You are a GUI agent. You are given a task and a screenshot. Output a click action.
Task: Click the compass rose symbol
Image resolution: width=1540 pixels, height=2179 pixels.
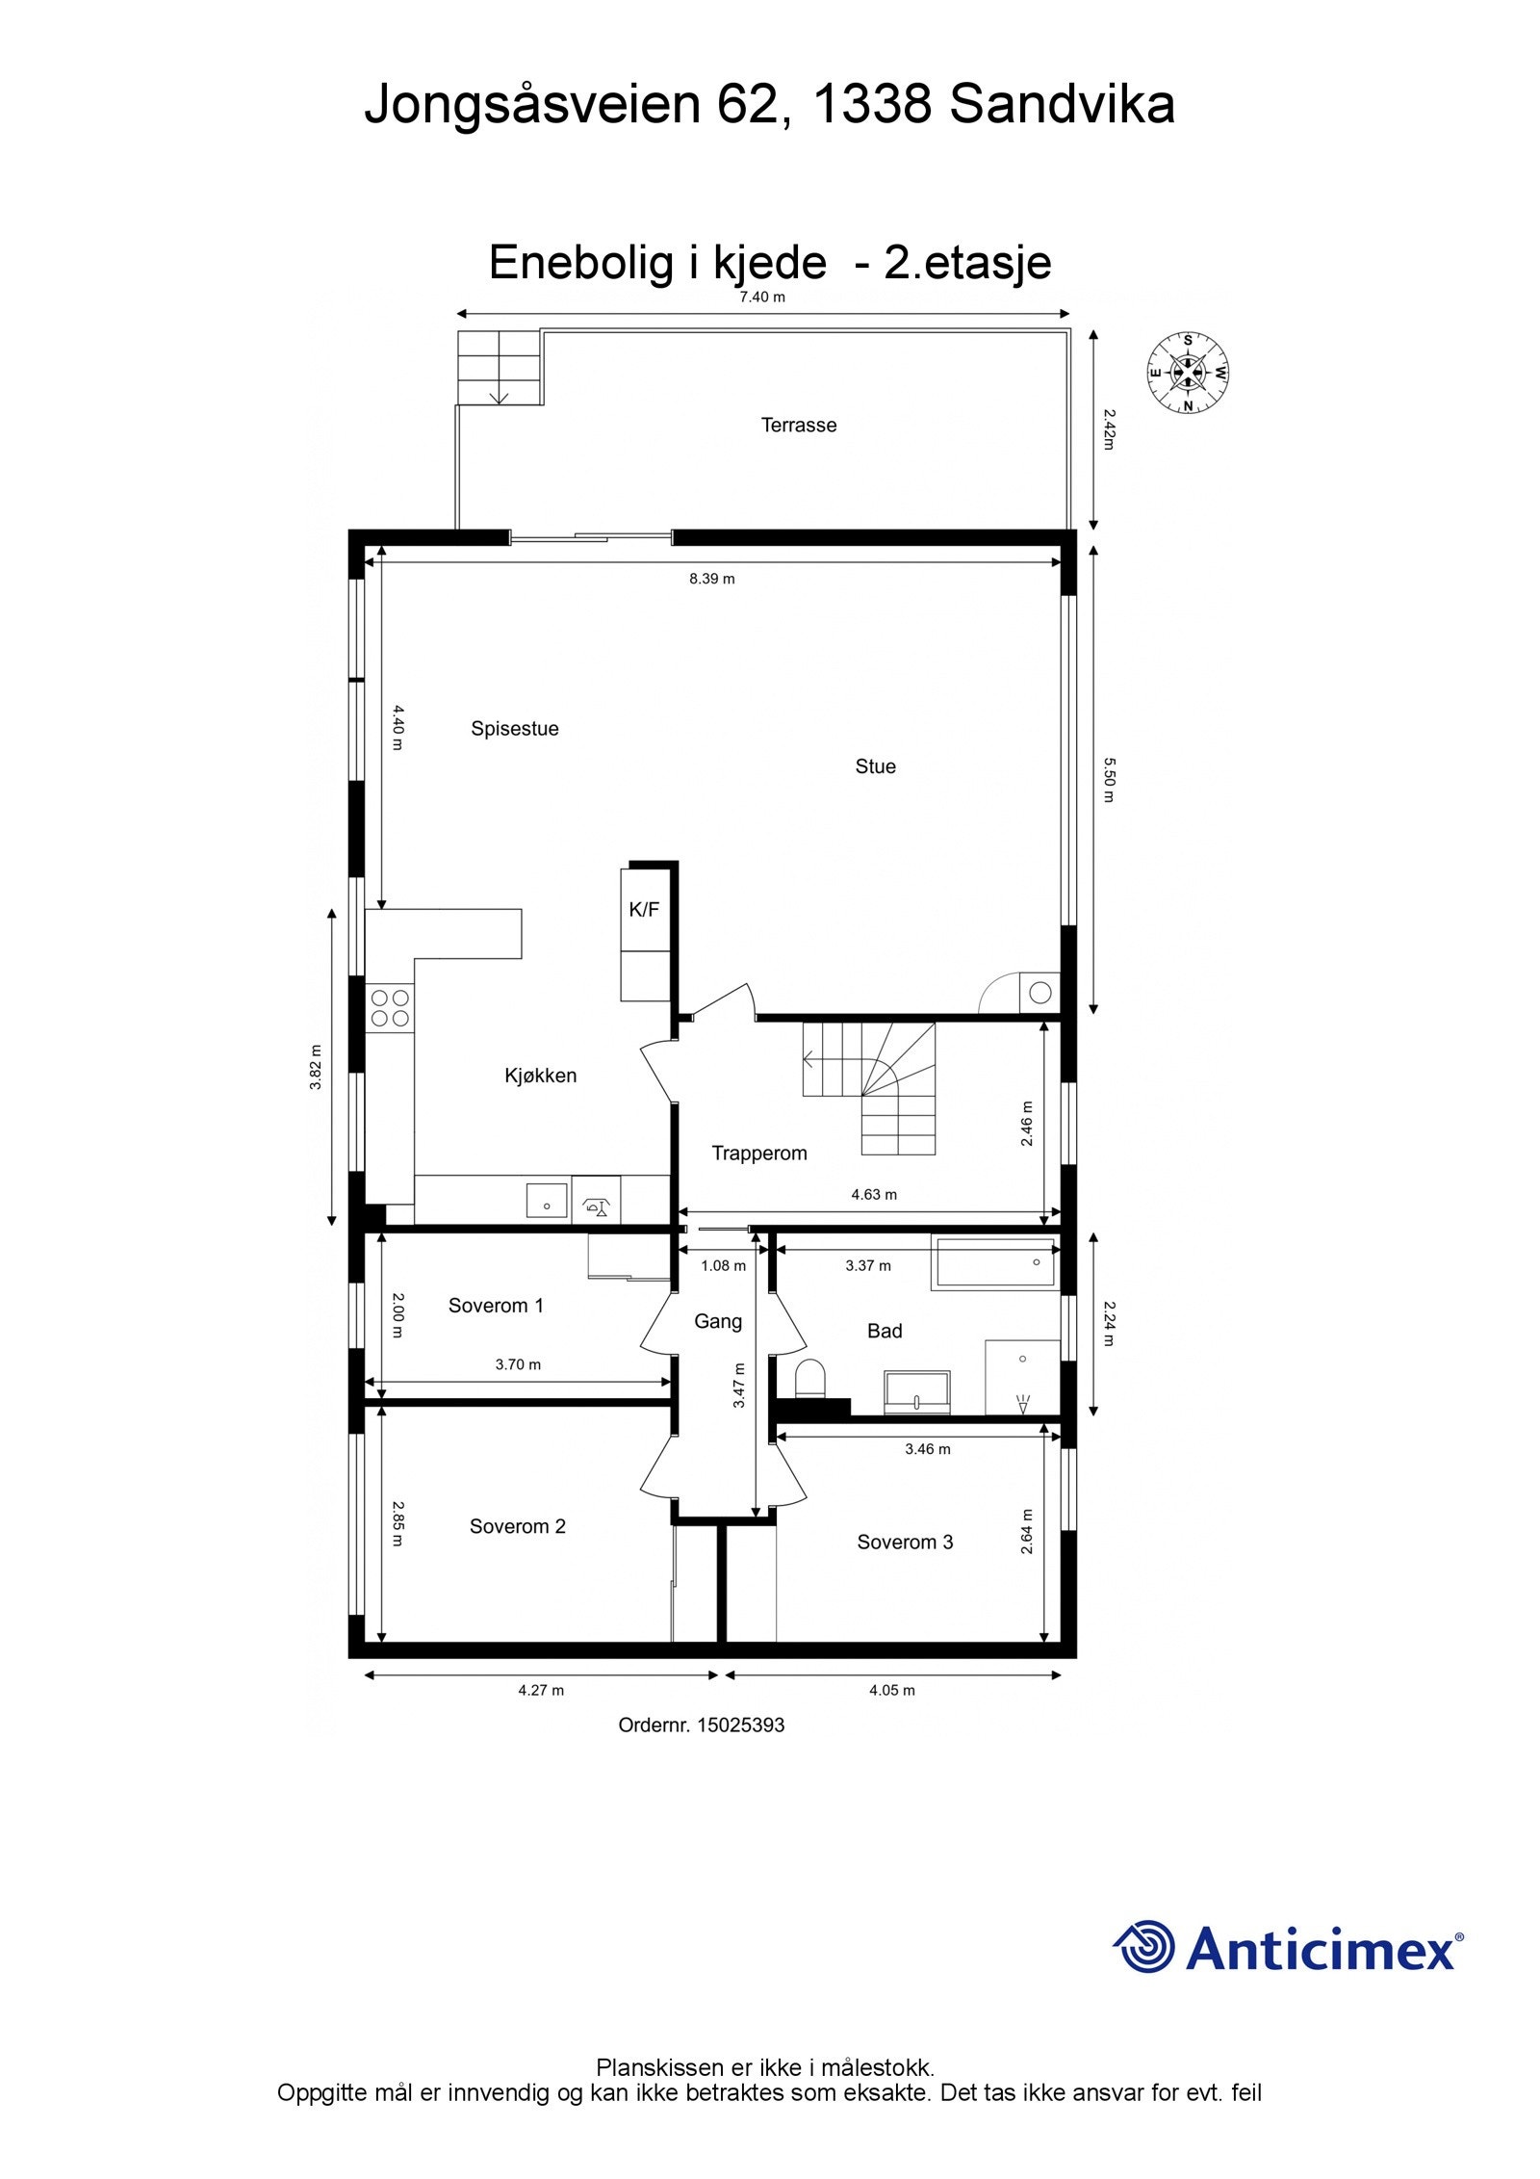pos(1188,373)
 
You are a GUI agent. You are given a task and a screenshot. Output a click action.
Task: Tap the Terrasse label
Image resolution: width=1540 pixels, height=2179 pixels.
pos(798,425)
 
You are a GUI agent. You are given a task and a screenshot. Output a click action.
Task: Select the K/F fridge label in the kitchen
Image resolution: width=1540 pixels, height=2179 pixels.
pos(644,909)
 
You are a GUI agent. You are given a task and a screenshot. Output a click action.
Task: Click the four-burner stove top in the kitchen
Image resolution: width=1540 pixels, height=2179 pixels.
pos(390,1008)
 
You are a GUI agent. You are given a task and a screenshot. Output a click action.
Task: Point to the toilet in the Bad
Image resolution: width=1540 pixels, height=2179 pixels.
pos(811,1377)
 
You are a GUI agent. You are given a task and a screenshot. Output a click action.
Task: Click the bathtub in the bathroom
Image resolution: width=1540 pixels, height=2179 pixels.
pos(995,1264)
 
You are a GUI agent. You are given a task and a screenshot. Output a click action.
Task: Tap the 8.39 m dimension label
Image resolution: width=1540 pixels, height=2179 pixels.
pos(711,579)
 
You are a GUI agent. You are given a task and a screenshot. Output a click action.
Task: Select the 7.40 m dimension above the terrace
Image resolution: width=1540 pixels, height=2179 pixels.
pos(761,298)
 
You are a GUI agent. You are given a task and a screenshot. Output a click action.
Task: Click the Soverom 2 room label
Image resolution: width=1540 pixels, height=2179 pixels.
pos(517,1526)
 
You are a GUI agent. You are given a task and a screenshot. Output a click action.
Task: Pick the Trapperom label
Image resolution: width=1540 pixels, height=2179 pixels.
pos(758,1154)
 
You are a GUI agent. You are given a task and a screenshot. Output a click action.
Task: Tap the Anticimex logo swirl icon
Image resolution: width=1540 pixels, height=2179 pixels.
pos(1144,1946)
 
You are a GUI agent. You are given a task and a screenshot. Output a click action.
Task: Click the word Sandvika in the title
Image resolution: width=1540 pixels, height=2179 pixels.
pos(1062,104)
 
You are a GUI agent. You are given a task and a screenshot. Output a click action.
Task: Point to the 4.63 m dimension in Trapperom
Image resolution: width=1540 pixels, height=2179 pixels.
pos(873,1195)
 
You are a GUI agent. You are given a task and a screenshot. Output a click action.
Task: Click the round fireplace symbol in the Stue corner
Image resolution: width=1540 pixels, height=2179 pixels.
pos(1039,993)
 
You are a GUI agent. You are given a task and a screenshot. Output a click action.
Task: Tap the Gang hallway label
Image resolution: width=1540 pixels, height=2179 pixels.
pos(717,1322)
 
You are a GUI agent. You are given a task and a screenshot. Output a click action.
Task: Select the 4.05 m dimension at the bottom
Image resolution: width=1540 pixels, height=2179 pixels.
pos(891,1690)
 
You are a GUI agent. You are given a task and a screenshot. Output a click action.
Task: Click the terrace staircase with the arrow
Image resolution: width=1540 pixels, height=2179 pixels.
pos(499,368)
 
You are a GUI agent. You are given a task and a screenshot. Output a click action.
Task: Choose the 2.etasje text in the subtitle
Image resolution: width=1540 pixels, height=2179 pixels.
pos(967,262)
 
